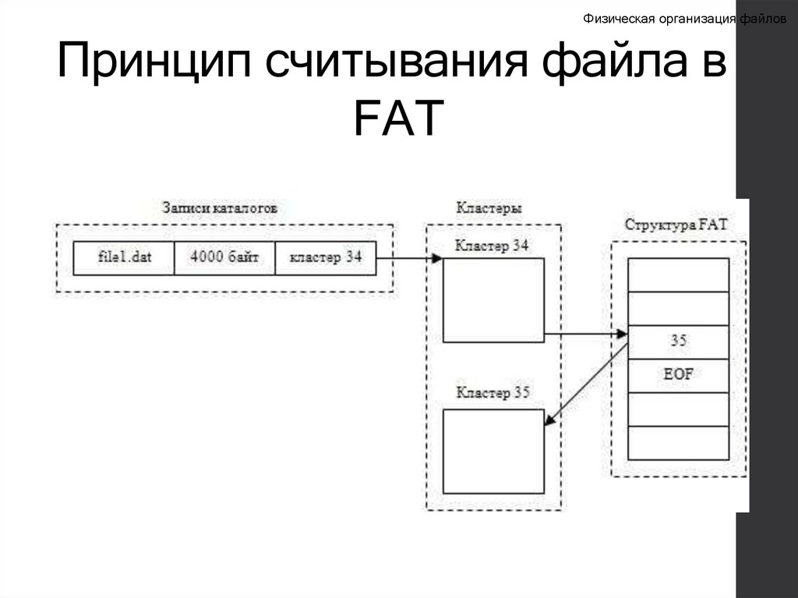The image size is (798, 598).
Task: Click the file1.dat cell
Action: coord(123,258)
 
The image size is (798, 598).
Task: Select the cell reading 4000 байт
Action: coord(224,258)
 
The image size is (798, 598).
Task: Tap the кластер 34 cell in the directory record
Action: coord(325,258)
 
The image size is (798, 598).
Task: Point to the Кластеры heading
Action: coord(489,209)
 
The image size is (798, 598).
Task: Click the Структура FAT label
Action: coord(676,225)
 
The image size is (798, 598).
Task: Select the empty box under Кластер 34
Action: coord(493,300)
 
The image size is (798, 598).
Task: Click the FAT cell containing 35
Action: coord(678,341)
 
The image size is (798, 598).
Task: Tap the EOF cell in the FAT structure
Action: coord(678,375)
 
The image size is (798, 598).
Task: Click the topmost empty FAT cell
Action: coord(678,274)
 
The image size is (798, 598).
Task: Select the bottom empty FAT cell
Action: coord(678,443)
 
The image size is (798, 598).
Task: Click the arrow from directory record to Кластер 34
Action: coord(408,258)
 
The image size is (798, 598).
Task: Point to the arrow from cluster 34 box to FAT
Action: coord(584,334)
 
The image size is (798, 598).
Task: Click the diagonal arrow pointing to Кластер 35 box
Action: coord(586,384)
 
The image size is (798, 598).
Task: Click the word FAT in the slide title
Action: coord(397,118)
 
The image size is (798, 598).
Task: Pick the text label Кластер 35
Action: coord(493,393)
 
